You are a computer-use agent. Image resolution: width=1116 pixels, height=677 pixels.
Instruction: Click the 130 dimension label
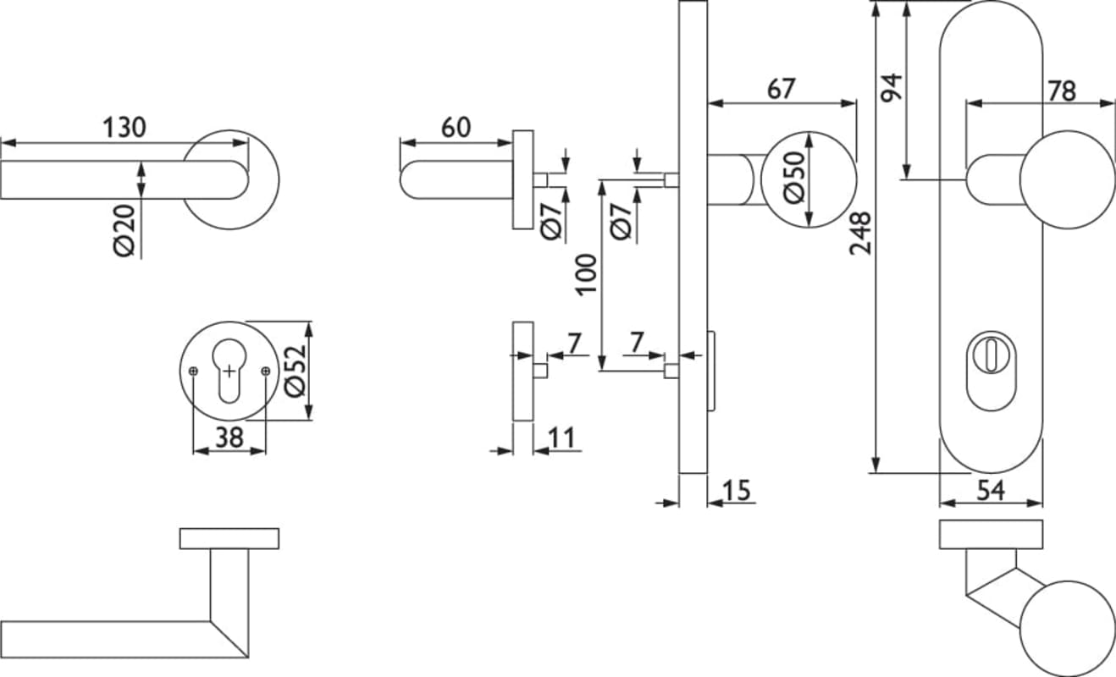pos(124,128)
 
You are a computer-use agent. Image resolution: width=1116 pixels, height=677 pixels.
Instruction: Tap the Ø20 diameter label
pos(124,230)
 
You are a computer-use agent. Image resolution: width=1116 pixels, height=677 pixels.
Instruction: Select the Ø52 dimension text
pos(296,371)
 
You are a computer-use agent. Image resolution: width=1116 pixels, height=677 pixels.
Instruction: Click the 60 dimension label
pos(456,128)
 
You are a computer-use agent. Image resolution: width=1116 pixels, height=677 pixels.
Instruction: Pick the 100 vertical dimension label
pos(587,274)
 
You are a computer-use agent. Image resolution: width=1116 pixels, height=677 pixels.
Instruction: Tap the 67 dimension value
pos(781,89)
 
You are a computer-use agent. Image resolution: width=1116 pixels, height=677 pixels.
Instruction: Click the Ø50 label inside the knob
pos(793,179)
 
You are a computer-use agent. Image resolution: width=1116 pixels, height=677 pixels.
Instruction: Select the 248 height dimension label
pos(860,234)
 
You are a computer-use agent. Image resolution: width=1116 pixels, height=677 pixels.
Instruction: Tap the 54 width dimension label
pos(991,489)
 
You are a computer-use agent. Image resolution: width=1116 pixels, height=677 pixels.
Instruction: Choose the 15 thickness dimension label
pos(738,490)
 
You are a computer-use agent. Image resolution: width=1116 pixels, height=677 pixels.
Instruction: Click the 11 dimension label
pos(561,438)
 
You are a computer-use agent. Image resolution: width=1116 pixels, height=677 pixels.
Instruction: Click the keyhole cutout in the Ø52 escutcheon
pos(229,371)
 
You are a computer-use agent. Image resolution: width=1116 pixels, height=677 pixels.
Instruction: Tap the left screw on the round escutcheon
pos(194,371)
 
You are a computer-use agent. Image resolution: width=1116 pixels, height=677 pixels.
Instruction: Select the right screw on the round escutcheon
pos(265,371)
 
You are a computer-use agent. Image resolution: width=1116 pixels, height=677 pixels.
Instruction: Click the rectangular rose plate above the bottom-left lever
pos(229,538)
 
